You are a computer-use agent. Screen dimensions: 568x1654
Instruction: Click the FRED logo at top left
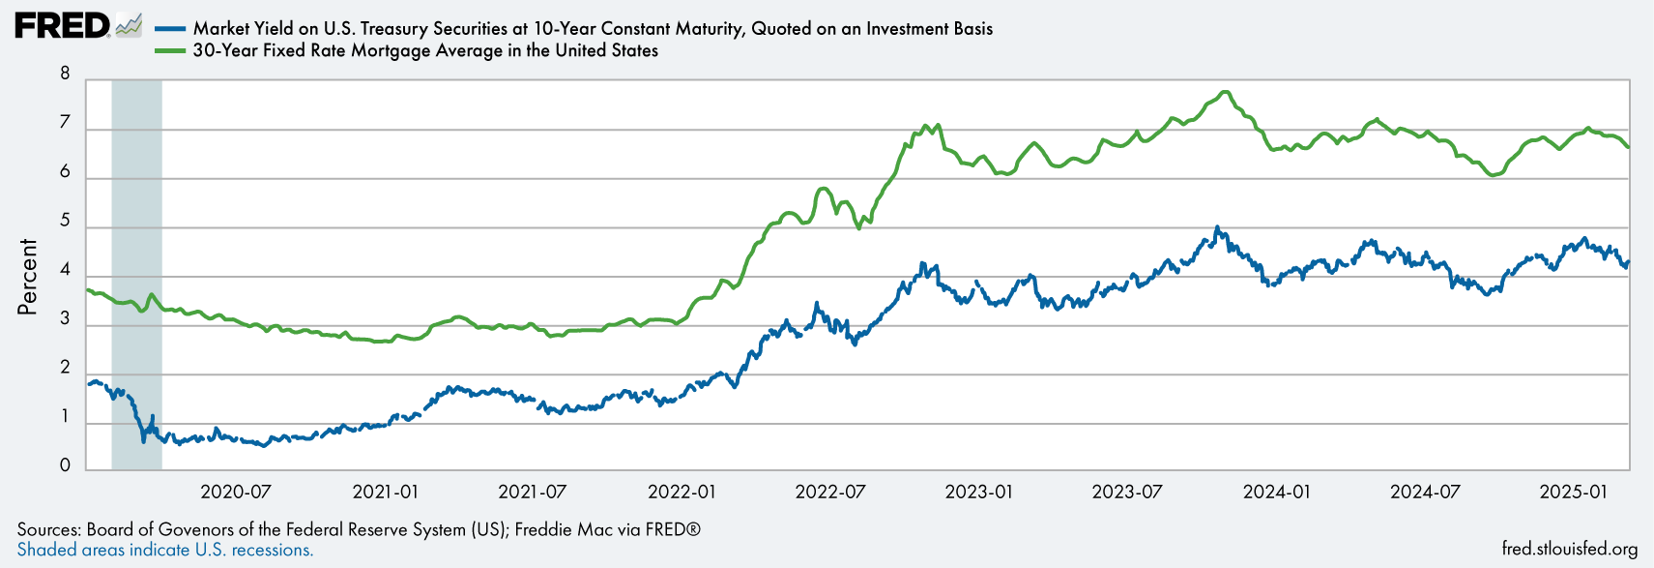point(62,26)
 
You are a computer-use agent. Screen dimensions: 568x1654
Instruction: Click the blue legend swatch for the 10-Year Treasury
point(170,29)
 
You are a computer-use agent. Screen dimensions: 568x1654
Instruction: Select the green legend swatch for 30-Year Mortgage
point(170,50)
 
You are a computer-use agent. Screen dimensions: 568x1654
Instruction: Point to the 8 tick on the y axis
point(65,74)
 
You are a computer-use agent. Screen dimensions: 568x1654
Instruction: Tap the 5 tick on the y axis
point(65,221)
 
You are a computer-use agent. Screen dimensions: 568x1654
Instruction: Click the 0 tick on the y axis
point(65,465)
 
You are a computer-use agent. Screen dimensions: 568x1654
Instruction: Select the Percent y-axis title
point(27,276)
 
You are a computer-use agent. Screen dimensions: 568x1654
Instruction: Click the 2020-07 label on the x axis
point(235,492)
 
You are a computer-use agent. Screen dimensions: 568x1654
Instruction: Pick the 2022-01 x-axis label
point(682,492)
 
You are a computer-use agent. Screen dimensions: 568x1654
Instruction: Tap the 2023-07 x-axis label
point(1126,492)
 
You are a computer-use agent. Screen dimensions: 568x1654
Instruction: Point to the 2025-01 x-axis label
point(1573,492)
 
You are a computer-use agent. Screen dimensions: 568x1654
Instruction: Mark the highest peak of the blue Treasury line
point(1217,227)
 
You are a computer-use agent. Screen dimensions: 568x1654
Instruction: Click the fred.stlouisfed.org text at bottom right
point(1570,549)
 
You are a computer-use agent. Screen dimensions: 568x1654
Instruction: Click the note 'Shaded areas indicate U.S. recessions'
point(165,550)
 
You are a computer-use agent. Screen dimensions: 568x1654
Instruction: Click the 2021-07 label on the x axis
point(532,492)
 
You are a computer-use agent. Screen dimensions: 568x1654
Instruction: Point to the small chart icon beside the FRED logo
point(129,26)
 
